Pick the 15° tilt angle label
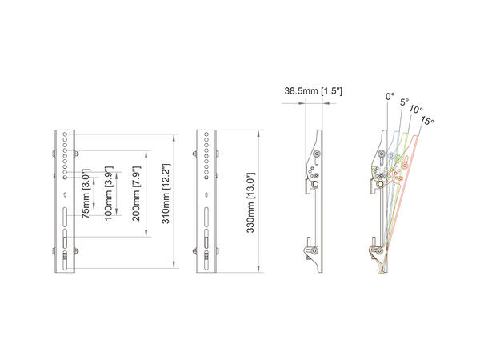[428, 121]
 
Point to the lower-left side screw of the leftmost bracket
[55, 254]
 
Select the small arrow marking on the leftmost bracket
[66, 194]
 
